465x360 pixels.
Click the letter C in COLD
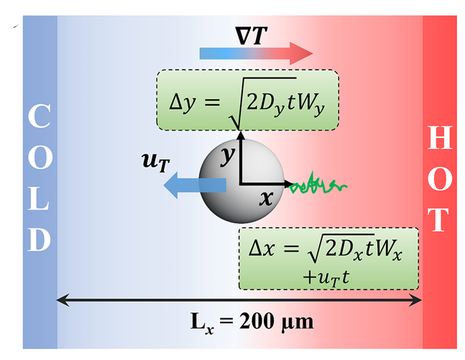pos(40,117)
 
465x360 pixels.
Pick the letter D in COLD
pos(40,239)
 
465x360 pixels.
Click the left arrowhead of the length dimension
pos(62,299)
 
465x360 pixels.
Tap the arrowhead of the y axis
pos(241,136)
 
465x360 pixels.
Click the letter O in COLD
pos(40,157)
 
